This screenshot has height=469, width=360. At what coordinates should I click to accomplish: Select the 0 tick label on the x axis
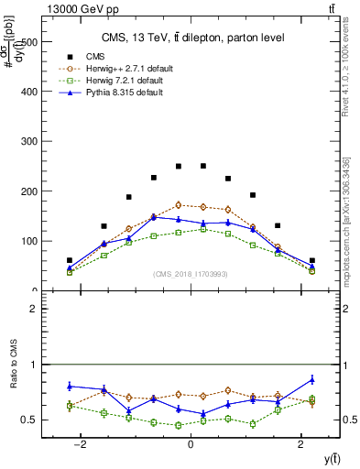click(191, 444)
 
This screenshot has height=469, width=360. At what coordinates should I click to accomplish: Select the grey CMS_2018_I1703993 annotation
click(191, 274)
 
